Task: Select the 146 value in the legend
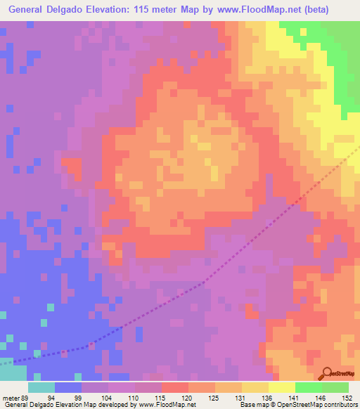tap(321, 397)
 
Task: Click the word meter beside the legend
tap(10, 397)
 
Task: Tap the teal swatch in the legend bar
tap(41, 387)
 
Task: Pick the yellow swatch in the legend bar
tap(281, 387)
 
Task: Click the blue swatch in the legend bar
tap(68, 387)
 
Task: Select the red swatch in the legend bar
tap(175, 387)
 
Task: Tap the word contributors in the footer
tap(337, 405)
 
